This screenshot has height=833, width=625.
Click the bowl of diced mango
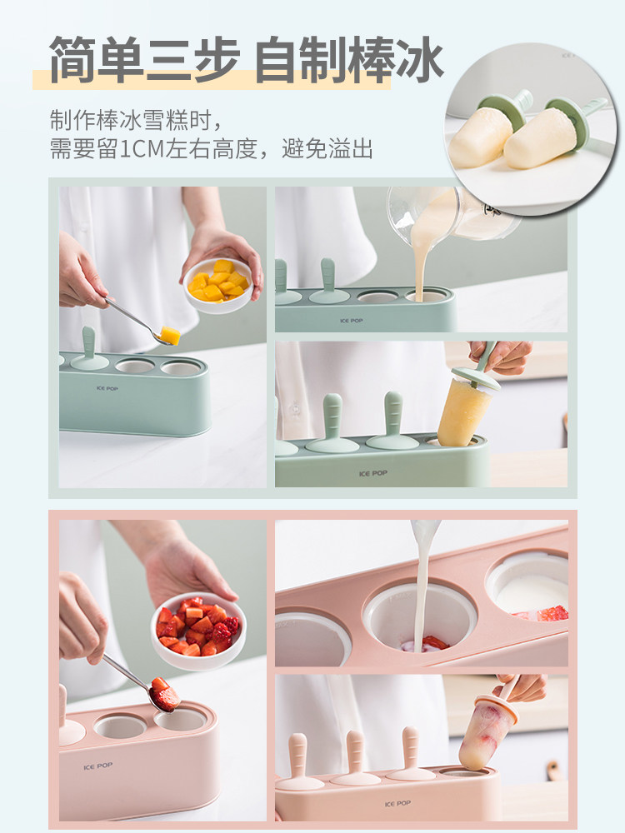[x=218, y=286]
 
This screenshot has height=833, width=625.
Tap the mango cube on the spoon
[x=170, y=335]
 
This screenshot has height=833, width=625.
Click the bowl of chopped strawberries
[x=198, y=631]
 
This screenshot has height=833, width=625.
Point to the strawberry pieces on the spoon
[x=165, y=693]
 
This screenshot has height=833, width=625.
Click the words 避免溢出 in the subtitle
[x=327, y=149]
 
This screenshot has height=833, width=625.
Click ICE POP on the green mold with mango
[x=107, y=388]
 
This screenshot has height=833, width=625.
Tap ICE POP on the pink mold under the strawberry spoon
[x=98, y=766]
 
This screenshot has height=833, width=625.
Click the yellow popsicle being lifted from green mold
[x=463, y=410]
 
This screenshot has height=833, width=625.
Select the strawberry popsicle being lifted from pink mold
[x=482, y=734]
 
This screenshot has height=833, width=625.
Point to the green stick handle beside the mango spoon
[x=89, y=348]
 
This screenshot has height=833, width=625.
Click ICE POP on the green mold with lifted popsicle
[x=373, y=473]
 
